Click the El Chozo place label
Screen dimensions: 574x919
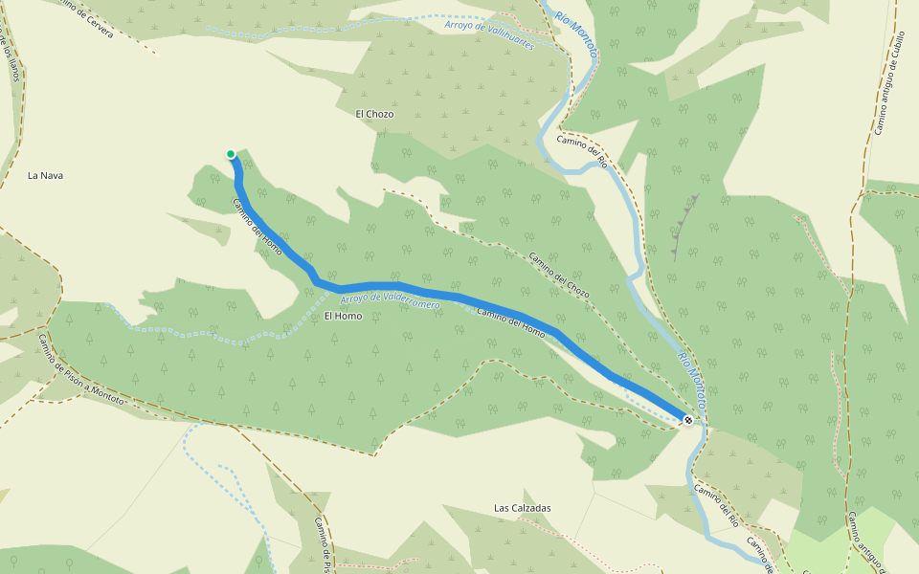(374, 114)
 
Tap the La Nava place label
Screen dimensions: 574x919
(45, 175)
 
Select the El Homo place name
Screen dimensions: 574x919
(343, 316)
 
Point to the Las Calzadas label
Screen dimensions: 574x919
(522, 508)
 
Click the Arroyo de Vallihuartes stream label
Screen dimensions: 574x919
(488, 30)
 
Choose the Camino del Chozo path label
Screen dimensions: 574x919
(559, 275)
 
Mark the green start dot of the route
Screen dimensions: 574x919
(231, 154)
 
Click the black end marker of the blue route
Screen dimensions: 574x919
(687, 420)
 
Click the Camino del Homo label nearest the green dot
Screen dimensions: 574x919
(258, 227)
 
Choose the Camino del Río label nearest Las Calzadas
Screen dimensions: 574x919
(716, 506)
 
